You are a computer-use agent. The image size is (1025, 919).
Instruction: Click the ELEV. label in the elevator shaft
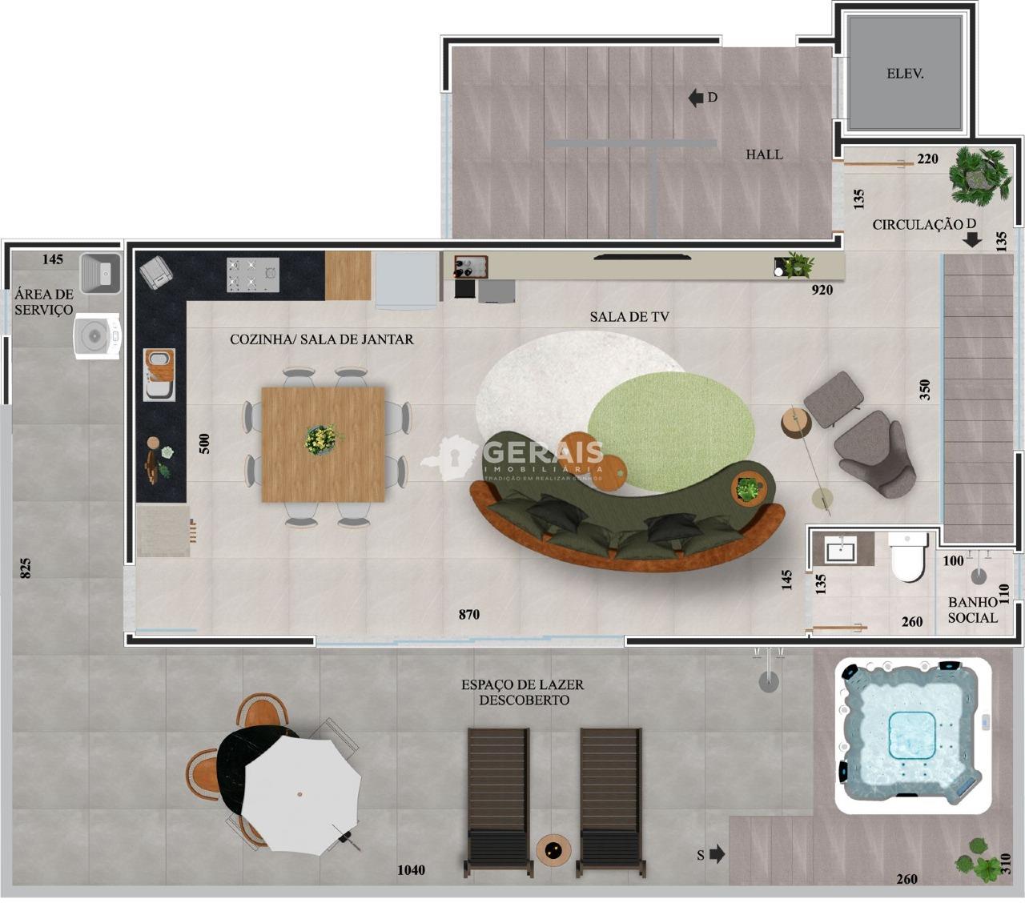[x=905, y=74]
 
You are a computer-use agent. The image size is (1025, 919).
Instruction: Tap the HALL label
[x=764, y=155]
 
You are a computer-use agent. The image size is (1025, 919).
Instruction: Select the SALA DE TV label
[x=629, y=317]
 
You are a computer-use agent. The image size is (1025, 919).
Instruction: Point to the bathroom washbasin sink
[x=840, y=550]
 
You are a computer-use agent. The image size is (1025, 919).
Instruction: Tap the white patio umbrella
[x=299, y=793]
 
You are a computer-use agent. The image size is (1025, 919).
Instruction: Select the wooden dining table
[x=323, y=443]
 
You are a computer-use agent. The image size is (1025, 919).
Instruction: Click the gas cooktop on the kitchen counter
[x=252, y=274]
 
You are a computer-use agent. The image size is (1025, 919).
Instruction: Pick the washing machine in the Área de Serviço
[x=97, y=337]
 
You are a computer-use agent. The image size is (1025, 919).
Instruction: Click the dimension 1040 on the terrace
[x=411, y=870]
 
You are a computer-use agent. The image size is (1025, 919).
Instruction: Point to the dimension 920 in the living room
[x=822, y=290]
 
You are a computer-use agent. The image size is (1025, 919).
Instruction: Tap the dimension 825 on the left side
[x=26, y=568]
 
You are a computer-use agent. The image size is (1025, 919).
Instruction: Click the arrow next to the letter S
[x=717, y=854]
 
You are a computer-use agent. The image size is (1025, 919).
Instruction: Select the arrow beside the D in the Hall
[x=695, y=98]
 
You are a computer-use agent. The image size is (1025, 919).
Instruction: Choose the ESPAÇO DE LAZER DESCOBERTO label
[x=522, y=692]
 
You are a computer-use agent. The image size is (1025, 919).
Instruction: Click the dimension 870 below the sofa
[x=469, y=615]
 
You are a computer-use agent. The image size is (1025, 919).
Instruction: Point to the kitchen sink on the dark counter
[x=159, y=374]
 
